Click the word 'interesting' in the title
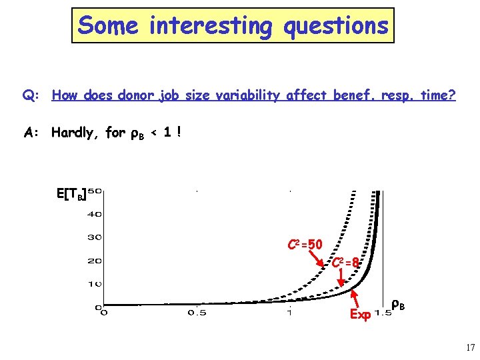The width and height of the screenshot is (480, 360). click(210, 26)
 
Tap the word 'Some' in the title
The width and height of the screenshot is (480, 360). click(107, 26)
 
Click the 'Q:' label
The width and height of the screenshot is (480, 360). click(31, 96)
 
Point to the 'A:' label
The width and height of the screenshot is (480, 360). click(31, 133)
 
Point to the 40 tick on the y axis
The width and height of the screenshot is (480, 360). click(94, 215)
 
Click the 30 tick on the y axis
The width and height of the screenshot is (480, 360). click(94, 237)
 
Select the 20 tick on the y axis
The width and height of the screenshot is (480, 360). click(94, 261)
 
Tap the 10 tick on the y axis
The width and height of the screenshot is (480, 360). click(94, 284)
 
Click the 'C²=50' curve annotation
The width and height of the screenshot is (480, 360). click(305, 245)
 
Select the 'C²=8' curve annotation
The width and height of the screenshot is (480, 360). click(347, 263)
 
